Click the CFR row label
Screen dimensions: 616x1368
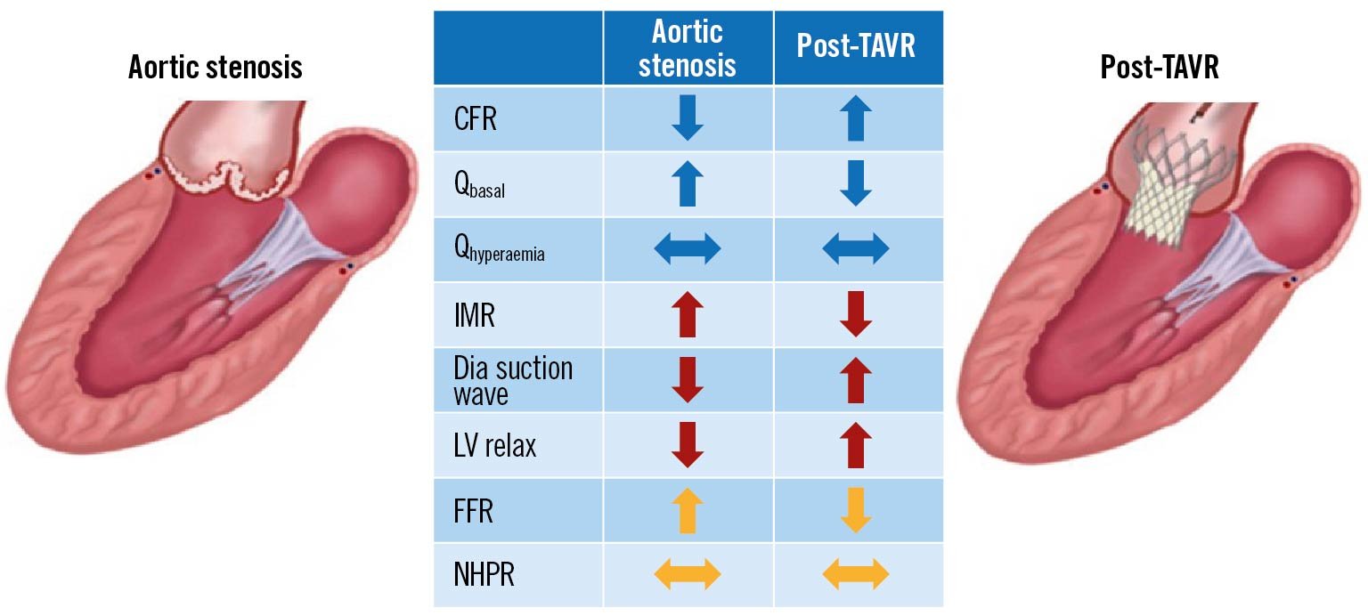(475, 119)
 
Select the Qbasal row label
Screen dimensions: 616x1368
(479, 185)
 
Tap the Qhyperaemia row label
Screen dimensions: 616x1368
(499, 251)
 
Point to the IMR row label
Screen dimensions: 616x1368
(475, 315)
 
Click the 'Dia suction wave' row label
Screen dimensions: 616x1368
(513, 380)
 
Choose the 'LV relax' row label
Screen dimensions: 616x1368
(495, 445)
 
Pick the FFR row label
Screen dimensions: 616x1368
(474, 511)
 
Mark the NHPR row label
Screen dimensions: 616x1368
(484, 575)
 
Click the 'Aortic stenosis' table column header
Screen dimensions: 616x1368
(688, 48)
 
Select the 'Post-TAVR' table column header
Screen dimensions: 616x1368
(856, 47)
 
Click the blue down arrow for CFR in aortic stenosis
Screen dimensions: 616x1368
(688, 119)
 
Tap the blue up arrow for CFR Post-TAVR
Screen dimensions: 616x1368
(856, 119)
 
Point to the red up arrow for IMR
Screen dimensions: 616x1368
(688, 315)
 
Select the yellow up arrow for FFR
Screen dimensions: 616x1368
(688, 511)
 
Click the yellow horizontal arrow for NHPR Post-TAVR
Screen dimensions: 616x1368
(856, 575)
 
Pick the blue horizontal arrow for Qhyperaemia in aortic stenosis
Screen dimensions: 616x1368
(688, 250)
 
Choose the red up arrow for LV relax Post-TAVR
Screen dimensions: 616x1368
(856, 445)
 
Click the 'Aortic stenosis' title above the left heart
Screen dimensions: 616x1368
(215, 67)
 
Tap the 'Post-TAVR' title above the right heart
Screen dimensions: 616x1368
(1160, 67)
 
